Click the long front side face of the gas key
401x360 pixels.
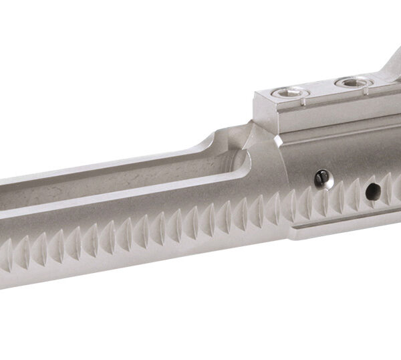[x=334, y=114]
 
